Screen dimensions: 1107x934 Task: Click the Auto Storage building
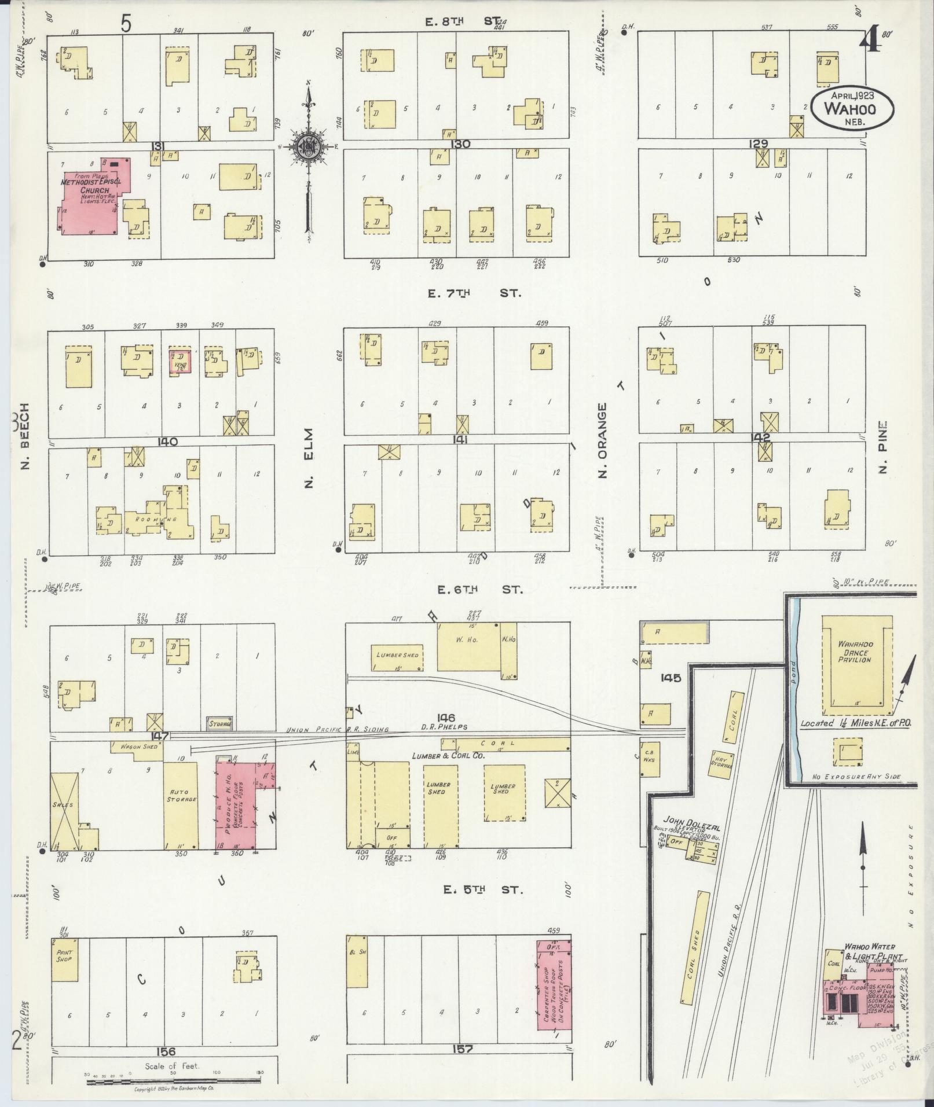180,805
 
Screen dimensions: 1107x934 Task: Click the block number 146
446,718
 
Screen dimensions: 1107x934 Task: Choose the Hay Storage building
721,760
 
